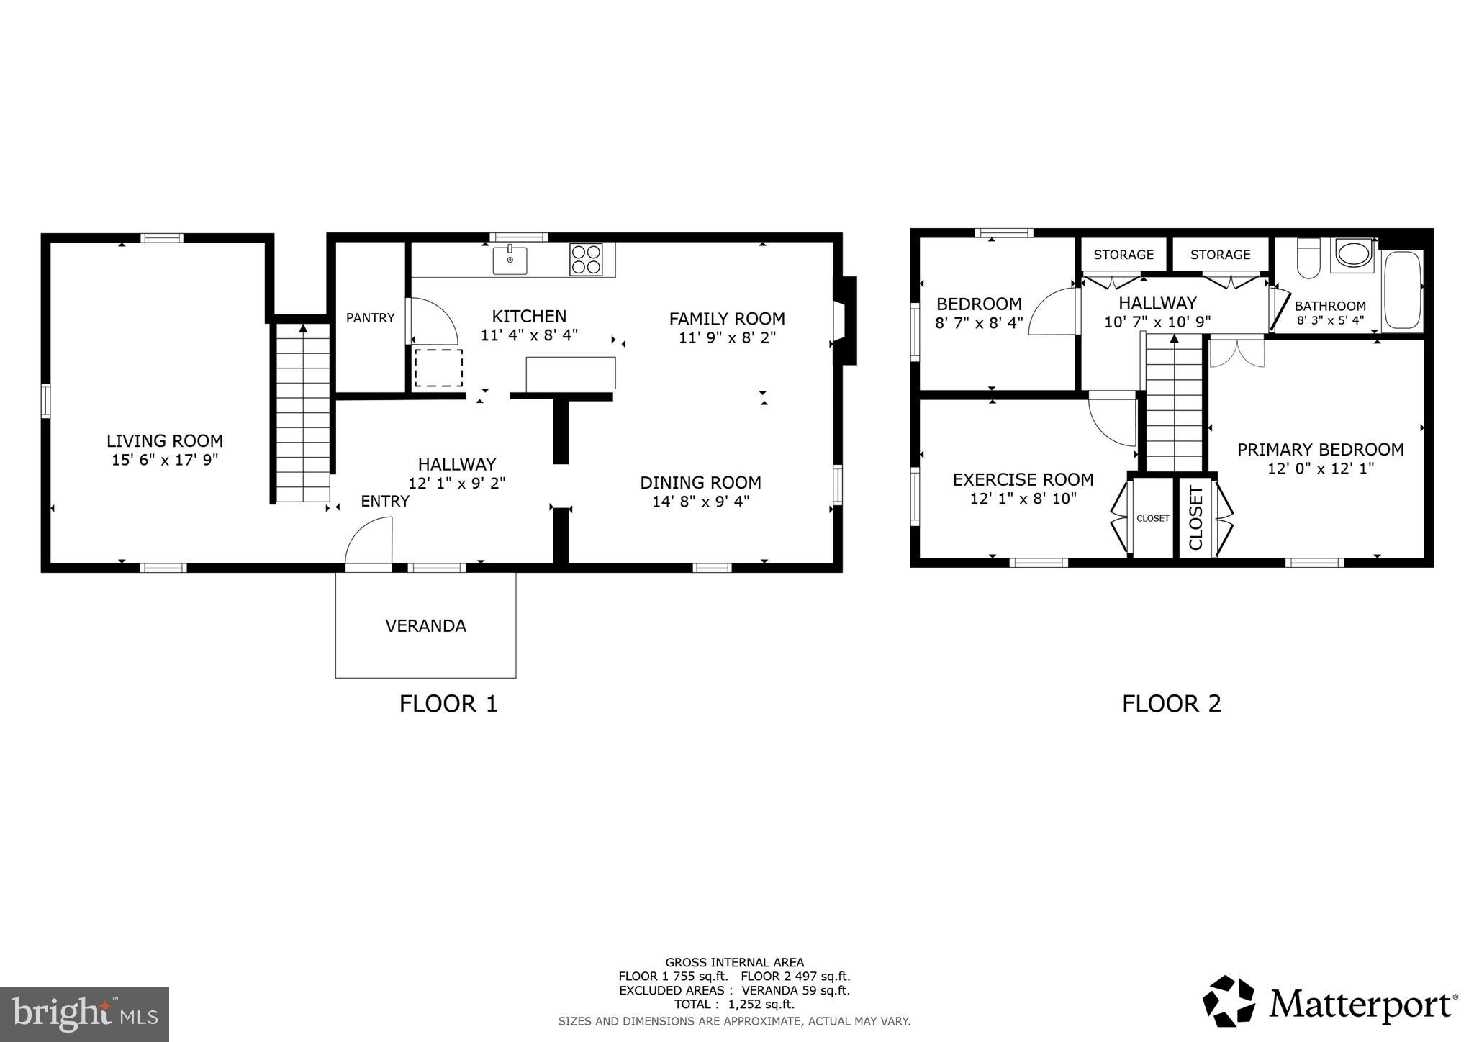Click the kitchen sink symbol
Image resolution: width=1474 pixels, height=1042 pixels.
(x=510, y=260)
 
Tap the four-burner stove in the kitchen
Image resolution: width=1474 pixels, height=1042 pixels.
(x=586, y=260)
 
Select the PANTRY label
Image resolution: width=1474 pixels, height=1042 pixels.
(x=370, y=317)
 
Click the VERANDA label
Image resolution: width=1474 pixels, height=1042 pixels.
(x=425, y=625)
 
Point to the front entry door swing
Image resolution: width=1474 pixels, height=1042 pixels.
(x=369, y=545)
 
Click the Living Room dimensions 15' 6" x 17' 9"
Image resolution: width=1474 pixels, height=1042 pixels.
(x=165, y=460)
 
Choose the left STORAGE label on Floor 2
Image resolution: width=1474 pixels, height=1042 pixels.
(x=1123, y=254)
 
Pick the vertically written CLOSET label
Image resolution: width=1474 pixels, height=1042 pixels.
(x=1195, y=518)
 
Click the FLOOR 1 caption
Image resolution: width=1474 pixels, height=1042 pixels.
(x=448, y=703)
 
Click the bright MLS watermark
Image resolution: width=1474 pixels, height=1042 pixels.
(x=84, y=1014)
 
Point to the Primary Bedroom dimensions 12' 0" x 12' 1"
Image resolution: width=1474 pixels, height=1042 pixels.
(x=1320, y=468)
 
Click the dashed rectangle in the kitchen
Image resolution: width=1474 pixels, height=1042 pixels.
(x=438, y=368)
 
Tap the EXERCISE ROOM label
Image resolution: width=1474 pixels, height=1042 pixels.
(x=1023, y=479)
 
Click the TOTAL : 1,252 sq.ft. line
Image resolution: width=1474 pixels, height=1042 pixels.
(x=734, y=1004)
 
